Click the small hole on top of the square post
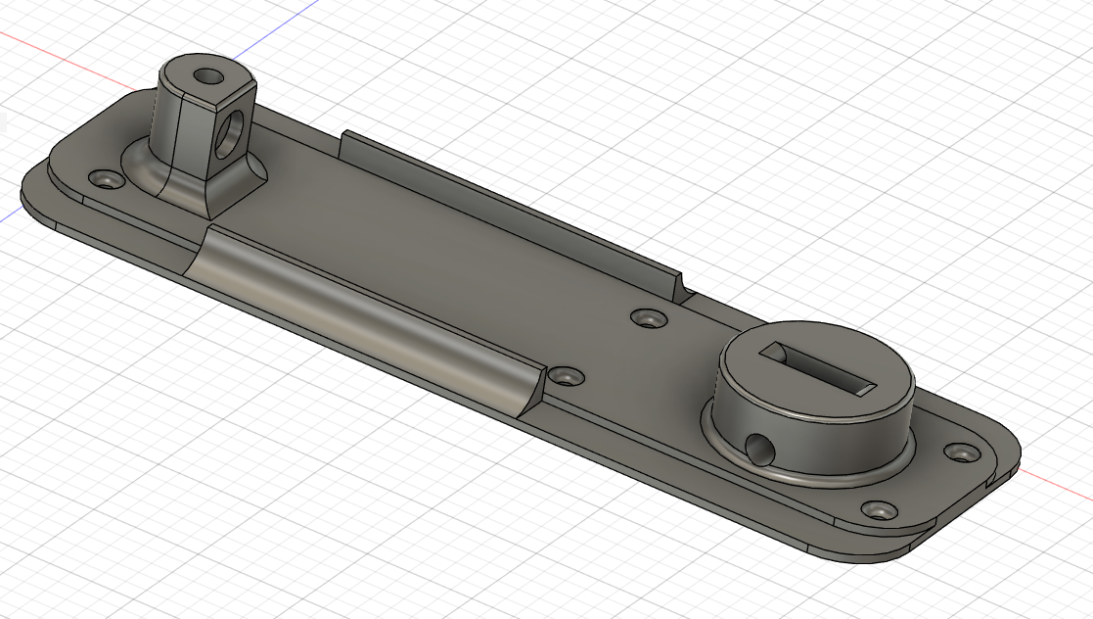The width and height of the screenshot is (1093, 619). click(206, 75)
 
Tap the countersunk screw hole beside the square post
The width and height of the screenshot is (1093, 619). click(105, 180)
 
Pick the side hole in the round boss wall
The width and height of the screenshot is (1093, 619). click(759, 447)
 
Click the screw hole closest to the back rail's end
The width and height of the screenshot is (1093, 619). click(645, 318)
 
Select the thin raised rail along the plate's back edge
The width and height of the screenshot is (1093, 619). click(509, 206)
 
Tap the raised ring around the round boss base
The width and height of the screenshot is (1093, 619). click(812, 475)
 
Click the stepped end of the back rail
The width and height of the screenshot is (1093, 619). click(683, 288)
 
